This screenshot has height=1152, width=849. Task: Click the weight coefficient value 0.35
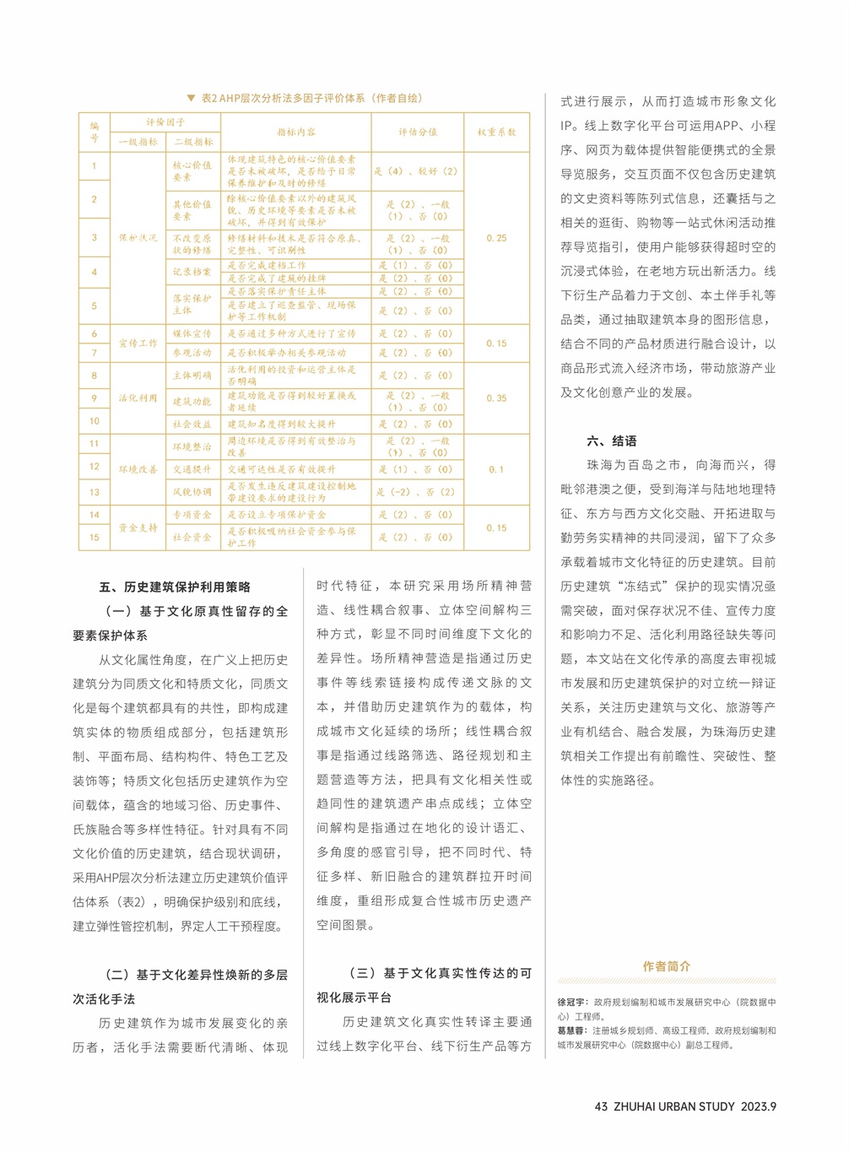[496, 398]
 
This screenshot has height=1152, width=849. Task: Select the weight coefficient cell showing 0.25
[496, 238]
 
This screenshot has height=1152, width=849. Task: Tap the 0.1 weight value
[496, 469]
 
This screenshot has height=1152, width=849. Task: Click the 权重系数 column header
[496, 133]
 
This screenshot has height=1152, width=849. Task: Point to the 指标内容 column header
[296, 133]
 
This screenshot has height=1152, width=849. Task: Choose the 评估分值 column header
[418, 133]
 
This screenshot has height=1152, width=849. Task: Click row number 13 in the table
[95, 492]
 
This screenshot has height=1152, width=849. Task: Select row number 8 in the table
[95, 376]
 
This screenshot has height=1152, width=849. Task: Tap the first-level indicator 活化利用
[138, 398]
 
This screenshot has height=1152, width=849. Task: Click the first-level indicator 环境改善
[138, 469]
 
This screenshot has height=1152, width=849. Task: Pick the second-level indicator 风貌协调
[192, 492]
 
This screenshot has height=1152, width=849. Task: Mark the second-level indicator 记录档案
[192, 272]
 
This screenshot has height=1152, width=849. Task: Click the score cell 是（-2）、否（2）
[416, 492]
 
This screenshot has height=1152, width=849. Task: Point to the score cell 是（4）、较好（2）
[416, 170]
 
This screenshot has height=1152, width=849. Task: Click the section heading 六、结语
[612, 441]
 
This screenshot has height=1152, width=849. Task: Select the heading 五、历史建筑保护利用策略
[175, 587]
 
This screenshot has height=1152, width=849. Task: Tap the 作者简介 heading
[666, 966]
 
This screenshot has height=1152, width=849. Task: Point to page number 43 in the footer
[601, 1106]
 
